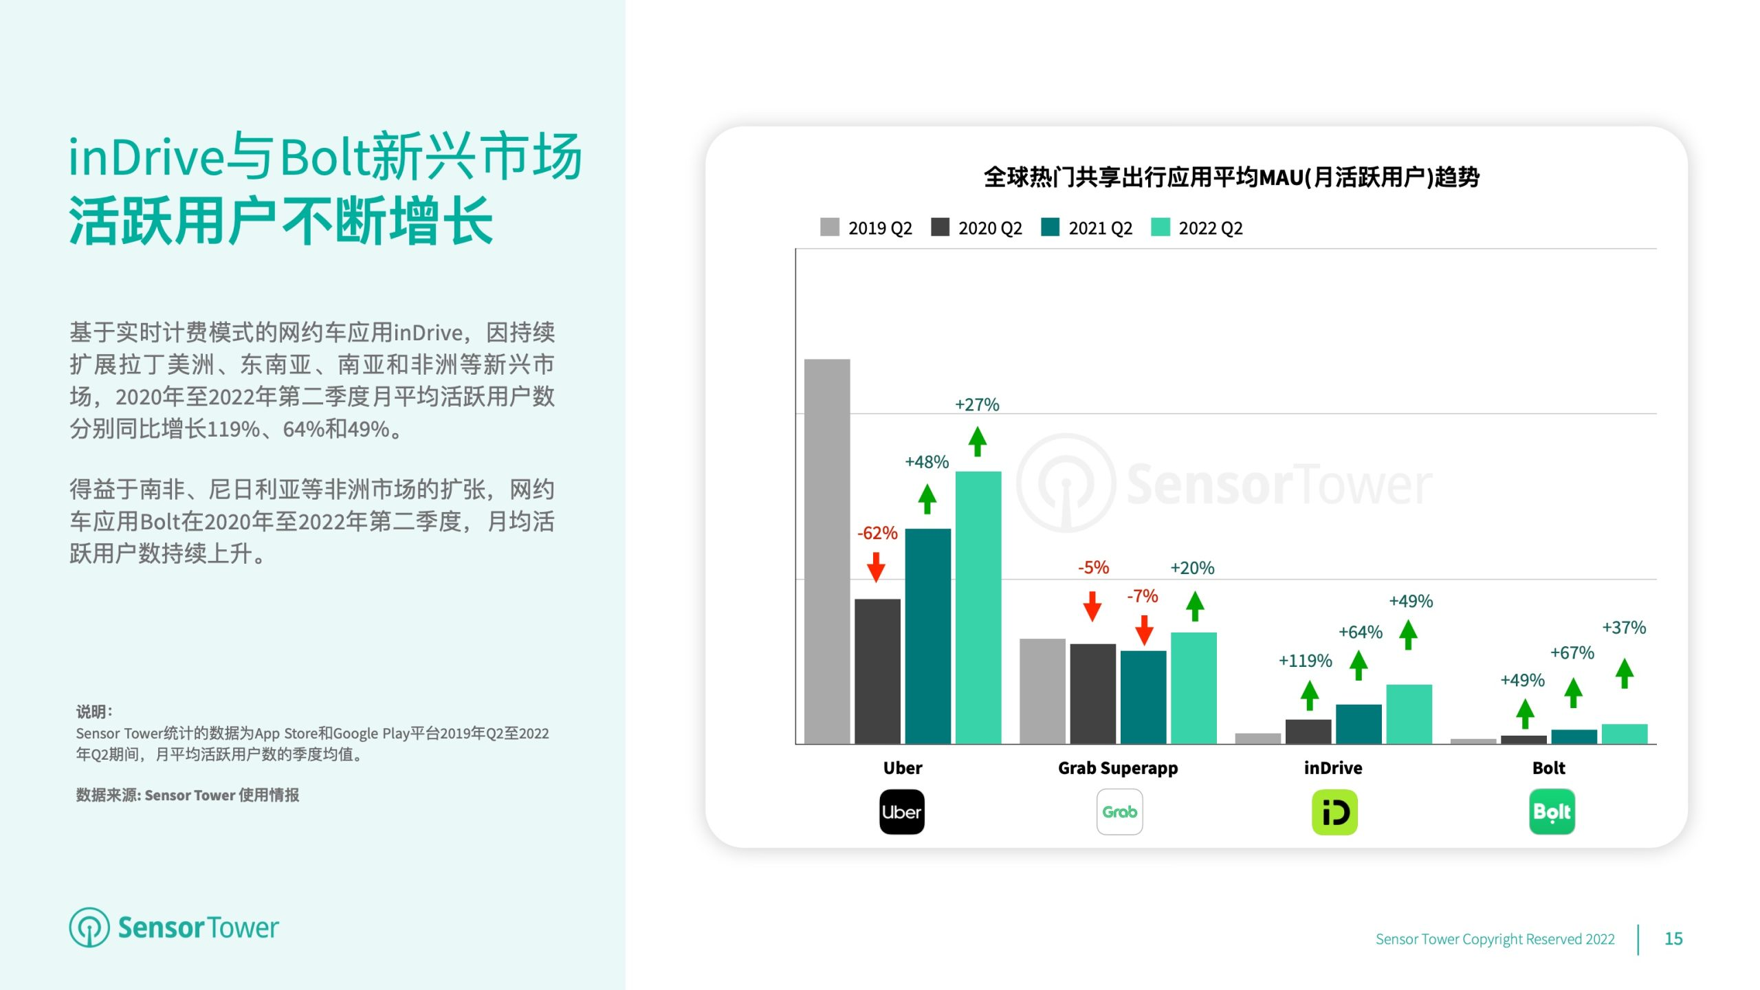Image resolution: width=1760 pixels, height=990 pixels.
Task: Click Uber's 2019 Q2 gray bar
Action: click(x=827, y=551)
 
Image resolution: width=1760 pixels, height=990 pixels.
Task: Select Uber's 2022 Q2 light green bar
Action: click(x=978, y=608)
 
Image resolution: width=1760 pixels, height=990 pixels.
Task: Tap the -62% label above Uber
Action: click(x=877, y=533)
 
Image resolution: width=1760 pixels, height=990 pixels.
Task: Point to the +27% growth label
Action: click(x=977, y=404)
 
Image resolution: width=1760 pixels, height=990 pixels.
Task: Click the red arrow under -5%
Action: click(x=1092, y=606)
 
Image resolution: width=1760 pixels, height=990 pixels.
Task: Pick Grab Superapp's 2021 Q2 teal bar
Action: click(x=1143, y=697)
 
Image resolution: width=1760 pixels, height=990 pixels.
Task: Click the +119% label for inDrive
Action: click(x=1305, y=661)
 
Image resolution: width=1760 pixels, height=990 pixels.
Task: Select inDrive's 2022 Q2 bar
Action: click(x=1409, y=714)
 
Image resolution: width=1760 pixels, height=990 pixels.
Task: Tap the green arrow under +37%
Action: click(x=1625, y=673)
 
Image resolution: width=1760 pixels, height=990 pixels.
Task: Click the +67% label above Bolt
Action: click(x=1572, y=652)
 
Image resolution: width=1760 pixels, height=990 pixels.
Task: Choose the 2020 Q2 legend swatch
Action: click(x=940, y=227)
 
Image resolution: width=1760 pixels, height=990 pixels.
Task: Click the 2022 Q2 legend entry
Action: click(x=1197, y=228)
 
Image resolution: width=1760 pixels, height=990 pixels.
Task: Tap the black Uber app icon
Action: click(x=902, y=812)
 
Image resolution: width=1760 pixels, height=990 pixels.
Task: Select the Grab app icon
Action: click(x=1120, y=812)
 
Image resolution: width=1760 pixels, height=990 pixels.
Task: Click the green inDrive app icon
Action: click(x=1334, y=812)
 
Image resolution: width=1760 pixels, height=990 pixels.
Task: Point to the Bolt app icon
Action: click(x=1552, y=812)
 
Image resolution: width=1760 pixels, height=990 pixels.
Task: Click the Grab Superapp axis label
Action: click(x=1118, y=768)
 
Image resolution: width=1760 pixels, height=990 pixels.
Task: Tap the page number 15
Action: click(x=1673, y=938)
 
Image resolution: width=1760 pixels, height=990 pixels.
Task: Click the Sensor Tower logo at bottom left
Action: click(x=174, y=927)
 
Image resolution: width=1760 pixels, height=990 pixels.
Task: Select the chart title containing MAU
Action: click(x=1231, y=177)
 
